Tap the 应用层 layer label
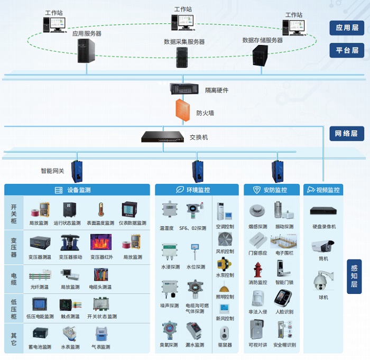click(347, 27)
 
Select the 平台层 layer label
click(347, 50)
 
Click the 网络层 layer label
click(347, 133)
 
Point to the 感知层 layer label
click(354, 276)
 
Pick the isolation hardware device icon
click(183, 89)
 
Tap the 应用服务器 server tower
click(86, 51)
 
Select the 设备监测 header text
click(79, 190)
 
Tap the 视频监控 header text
click(328, 190)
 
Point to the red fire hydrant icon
click(258, 270)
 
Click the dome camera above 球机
click(323, 281)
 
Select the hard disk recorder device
click(323, 211)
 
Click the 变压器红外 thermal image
click(100, 242)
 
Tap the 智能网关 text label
click(52, 171)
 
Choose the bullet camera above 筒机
click(322, 246)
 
